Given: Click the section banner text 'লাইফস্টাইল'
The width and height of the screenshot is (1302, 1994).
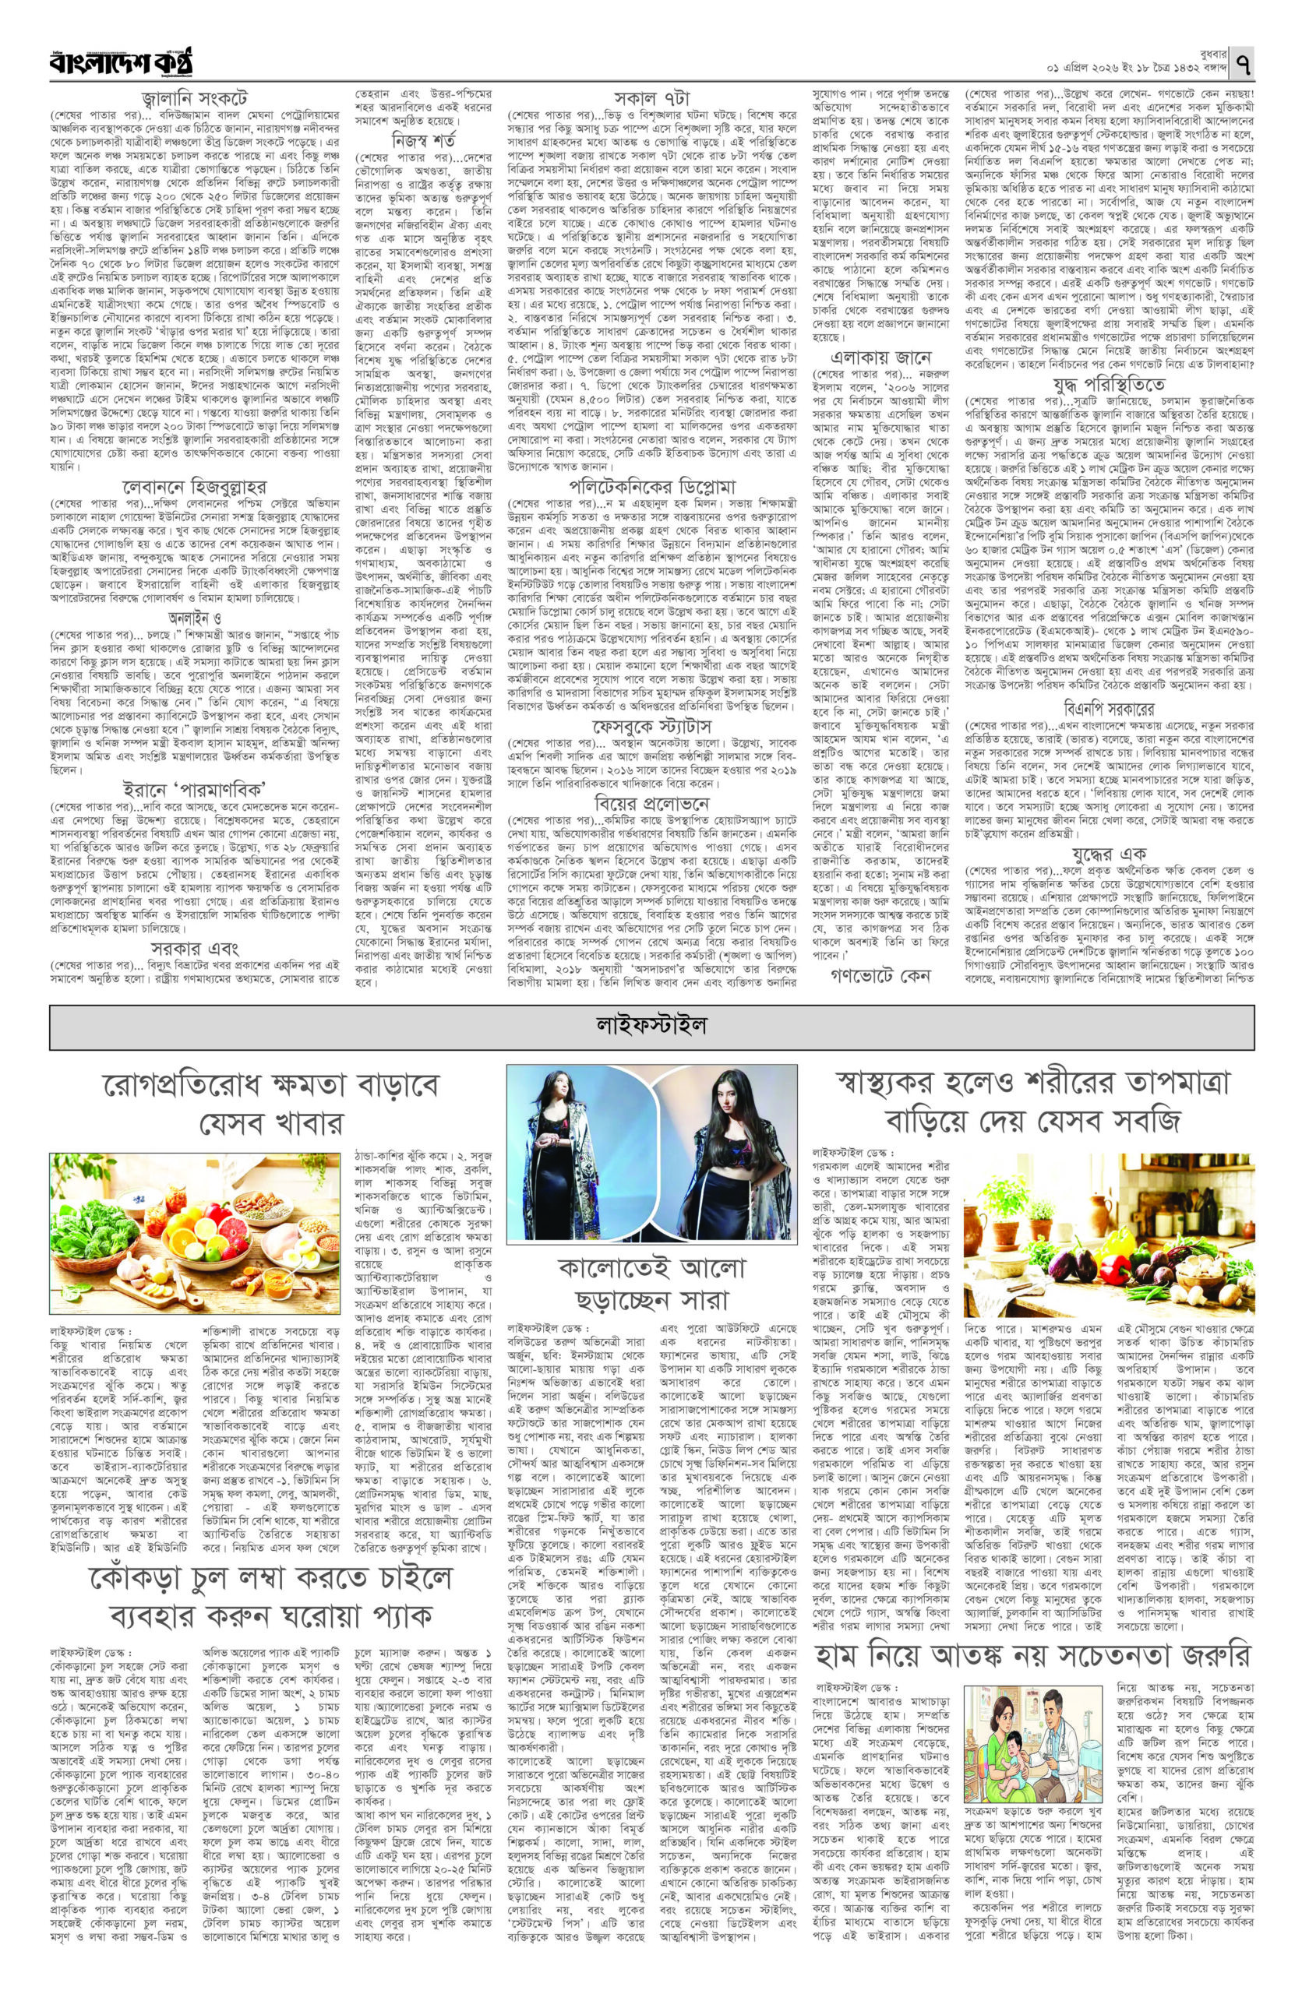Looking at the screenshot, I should (652, 1023).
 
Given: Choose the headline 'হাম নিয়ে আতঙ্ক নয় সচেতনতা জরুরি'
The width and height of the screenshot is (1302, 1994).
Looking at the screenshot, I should (1036, 1602).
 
